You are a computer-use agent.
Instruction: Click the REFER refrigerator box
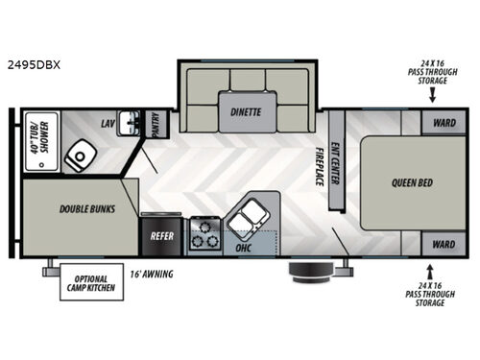(159, 233)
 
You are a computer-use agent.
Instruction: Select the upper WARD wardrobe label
(443, 122)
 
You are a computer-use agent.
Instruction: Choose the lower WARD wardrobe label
(443, 244)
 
